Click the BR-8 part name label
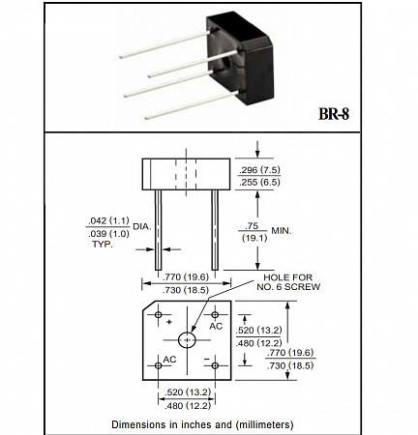[334, 113]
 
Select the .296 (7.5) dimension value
[259, 169]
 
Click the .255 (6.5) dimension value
[259, 183]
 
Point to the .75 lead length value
[252, 225]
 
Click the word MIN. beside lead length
[282, 231]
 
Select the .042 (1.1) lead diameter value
[108, 220]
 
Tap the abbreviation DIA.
[142, 226]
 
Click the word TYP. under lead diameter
[103, 245]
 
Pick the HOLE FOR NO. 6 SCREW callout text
[288, 282]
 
